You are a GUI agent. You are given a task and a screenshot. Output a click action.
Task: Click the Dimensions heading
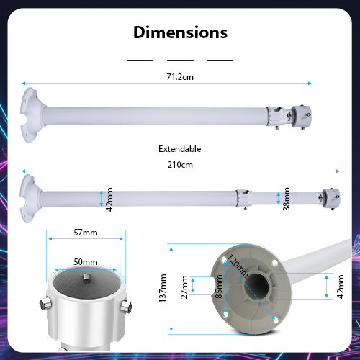click(180, 32)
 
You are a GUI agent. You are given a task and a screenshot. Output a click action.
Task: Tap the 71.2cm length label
click(180, 77)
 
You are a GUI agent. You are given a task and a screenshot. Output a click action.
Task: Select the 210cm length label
click(180, 165)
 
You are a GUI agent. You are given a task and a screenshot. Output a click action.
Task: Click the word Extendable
click(180, 149)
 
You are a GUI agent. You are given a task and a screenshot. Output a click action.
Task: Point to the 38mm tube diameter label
click(286, 199)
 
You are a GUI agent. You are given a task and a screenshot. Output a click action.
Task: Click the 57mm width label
click(86, 233)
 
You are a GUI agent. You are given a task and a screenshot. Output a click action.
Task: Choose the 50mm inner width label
click(86, 262)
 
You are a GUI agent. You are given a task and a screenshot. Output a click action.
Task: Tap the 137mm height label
click(163, 288)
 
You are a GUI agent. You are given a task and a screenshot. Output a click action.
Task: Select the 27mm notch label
click(184, 287)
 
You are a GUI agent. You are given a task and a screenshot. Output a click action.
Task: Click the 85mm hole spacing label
click(219, 287)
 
